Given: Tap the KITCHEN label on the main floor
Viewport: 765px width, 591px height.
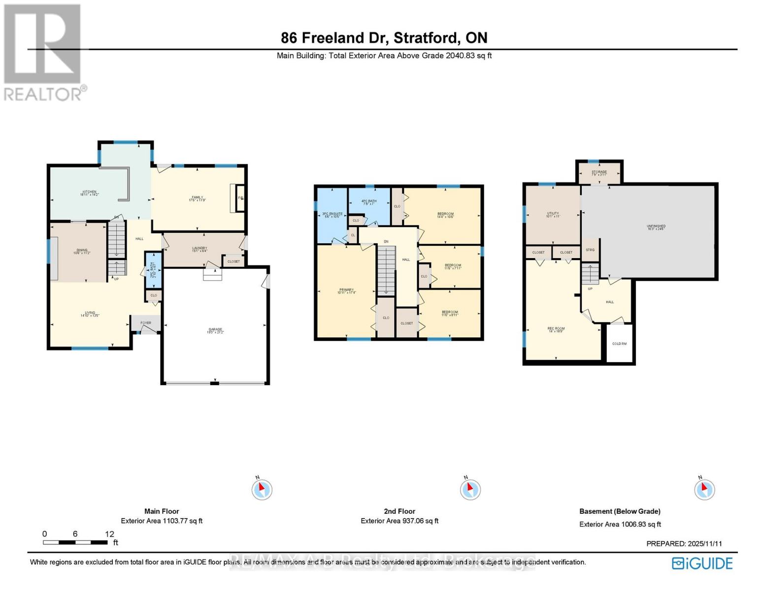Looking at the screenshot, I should tap(89, 192).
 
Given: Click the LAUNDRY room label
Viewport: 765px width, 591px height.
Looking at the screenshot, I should tap(200, 248).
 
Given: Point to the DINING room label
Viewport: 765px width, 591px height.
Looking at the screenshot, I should tap(82, 251).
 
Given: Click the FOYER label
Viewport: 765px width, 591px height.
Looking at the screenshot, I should tap(146, 323).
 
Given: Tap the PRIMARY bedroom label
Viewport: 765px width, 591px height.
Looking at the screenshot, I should tap(346, 290).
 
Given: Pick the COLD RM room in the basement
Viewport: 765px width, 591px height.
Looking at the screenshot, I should tap(619, 343).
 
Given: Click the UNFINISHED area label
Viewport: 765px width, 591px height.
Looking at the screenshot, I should tap(656, 227).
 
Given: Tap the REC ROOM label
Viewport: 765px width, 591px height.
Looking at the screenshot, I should tap(556, 328).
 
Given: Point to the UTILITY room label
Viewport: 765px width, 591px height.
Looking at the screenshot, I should tap(553, 214).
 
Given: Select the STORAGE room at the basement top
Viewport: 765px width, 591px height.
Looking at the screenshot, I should tap(599, 172).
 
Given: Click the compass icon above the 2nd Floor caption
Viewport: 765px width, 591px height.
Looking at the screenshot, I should tap(470, 489).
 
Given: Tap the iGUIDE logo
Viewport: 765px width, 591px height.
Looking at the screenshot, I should tap(703, 563).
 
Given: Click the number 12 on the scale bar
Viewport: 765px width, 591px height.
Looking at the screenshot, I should tap(109, 534).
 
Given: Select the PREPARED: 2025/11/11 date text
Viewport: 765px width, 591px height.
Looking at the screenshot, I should tap(684, 544).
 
